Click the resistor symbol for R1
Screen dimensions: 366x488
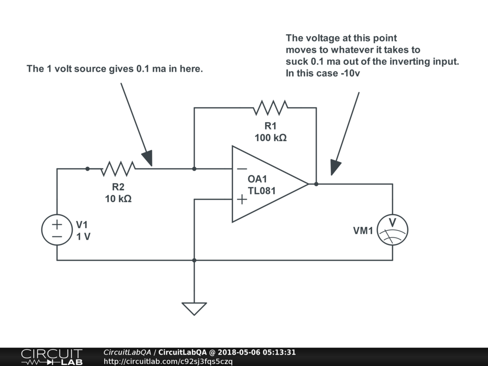pos(270,108)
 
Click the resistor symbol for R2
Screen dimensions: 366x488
pos(118,169)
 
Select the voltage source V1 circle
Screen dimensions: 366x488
pos(57,230)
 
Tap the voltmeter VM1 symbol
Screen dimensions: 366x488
pos(393,230)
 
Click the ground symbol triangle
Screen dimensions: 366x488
pos(194,308)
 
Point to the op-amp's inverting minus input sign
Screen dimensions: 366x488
pos(242,169)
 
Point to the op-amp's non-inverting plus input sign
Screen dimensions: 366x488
pos(242,199)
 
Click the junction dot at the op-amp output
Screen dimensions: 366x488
pos(316,184)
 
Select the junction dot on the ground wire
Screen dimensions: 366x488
pos(194,260)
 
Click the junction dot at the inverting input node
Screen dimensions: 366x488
pos(194,169)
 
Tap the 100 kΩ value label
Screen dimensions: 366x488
pos(270,138)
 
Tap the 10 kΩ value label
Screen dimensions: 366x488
pos(118,199)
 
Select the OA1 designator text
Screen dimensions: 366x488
pos(258,180)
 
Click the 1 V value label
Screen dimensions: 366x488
pos(83,236)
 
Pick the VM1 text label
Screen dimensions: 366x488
pos(364,231)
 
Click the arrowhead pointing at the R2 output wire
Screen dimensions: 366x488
pos(148,158)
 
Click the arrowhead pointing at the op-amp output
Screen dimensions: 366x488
pos(335,167)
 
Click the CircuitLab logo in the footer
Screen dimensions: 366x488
pos(51,357)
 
